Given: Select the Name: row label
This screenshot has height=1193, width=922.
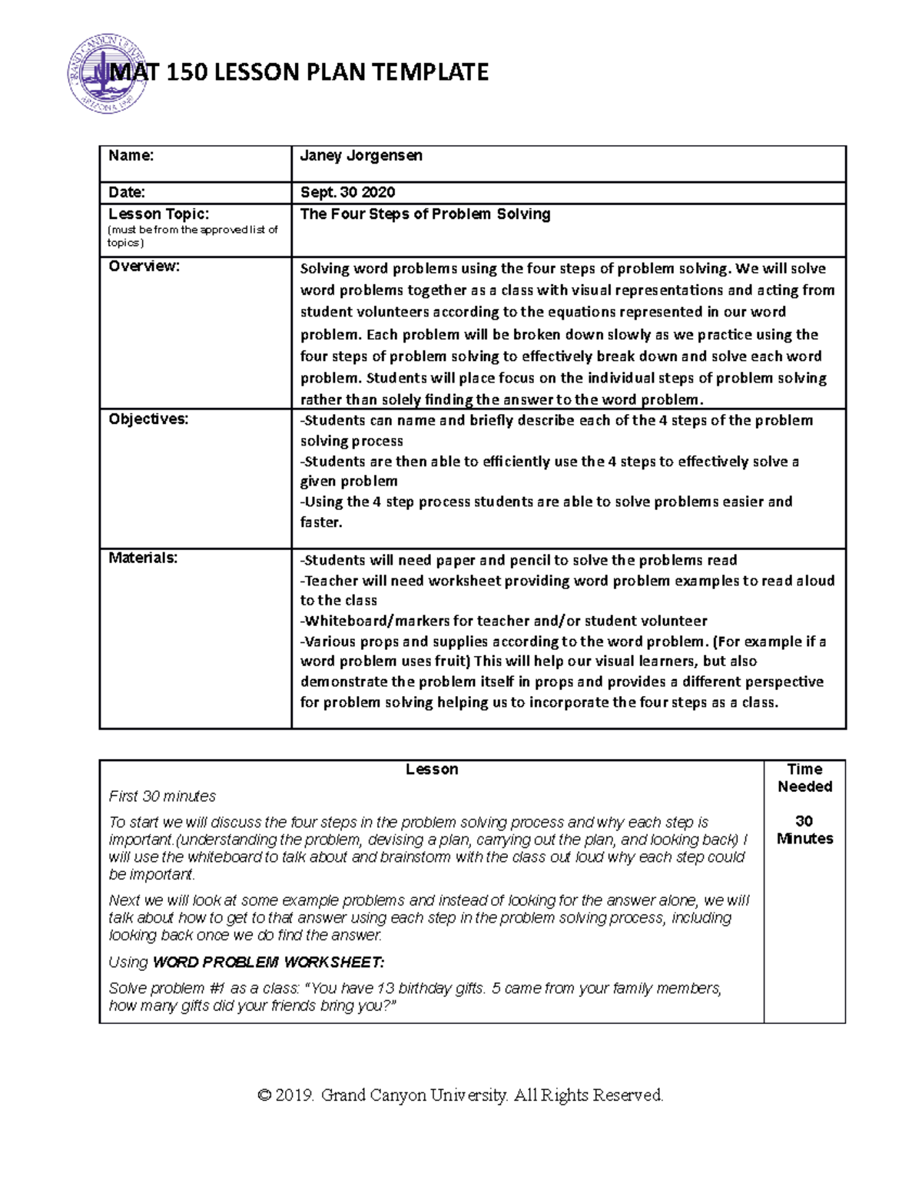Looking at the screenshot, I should (131, 156).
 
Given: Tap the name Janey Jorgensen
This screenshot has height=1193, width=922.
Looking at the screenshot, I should (361, 156).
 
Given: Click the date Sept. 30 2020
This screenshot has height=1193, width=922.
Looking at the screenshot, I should (348, 193).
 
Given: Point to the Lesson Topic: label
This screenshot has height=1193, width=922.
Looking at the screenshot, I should (158, 214).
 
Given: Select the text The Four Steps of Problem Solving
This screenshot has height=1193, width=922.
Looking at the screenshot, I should (425, 214).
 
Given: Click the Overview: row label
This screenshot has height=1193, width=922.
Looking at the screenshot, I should (144, 267).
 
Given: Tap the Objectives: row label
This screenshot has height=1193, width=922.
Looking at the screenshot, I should (148, 419).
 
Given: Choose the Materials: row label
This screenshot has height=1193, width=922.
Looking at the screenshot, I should (143, 558).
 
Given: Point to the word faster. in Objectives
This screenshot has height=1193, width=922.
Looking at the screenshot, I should (321, 522).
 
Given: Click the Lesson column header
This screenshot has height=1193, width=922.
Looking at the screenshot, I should (432, 770).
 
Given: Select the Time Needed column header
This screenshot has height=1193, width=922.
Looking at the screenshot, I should (804, 777).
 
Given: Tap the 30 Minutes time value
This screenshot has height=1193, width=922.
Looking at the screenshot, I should (804, 830).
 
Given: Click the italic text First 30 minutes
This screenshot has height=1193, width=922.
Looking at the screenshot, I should (162, 797).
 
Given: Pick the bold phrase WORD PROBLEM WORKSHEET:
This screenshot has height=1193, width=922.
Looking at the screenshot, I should (268, 963).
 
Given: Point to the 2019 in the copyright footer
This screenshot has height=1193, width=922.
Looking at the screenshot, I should (295, 1095).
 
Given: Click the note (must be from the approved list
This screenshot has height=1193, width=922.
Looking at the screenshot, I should (192, 230).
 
